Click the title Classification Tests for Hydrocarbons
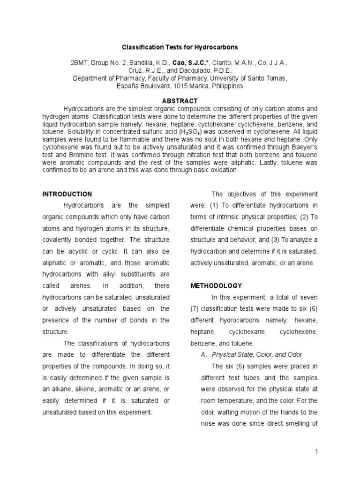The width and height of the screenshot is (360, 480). [x=180, y=47]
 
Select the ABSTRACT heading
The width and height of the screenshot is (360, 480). [x=180, y=101]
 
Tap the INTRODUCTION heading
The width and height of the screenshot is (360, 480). [x=67, y=194]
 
